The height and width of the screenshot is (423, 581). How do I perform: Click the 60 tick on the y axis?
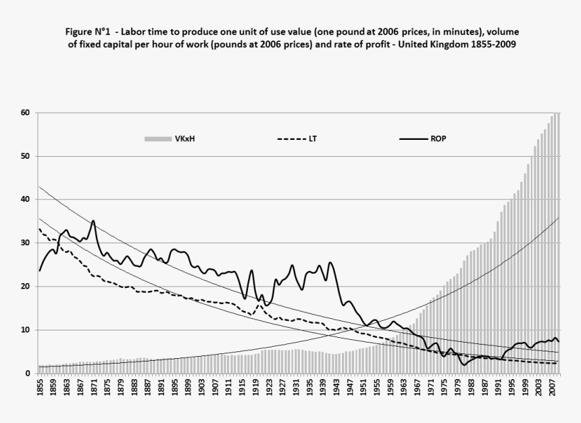pyautogui.click(x=24, y=113)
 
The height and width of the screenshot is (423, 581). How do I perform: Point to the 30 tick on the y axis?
pyautogui.click(x=24, y=243)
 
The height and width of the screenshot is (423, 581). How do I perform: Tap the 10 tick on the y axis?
pyautogui.click(x=24, y=330)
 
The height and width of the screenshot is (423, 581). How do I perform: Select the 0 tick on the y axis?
pyautogui.click(x=27, y=374)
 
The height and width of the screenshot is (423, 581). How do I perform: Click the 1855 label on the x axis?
pyautogui.click(x=41, y=391)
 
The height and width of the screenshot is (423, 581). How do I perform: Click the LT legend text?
pyautogui.click(x=313, y=139)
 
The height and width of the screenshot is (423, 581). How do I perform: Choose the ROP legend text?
pyautogui.click(x=438, y=139)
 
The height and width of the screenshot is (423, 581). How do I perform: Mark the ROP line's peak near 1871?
pyautogui.click(x=93, y=220)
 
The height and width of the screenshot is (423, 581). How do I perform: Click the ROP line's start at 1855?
pyautogui.click(x=40, y=270)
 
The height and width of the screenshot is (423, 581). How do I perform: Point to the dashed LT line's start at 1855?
pyautogui.click(x=40, y=230)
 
